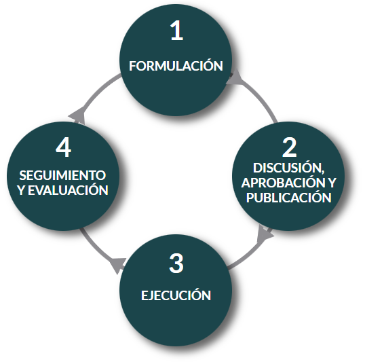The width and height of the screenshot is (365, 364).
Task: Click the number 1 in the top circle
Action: click(176, 31)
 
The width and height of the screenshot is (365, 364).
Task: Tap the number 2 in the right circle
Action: click(289, 147)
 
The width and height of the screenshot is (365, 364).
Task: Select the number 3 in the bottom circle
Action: click(176, 263)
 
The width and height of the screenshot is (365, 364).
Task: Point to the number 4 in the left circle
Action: click(63, 147)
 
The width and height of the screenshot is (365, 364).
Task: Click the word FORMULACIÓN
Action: click(176, 65)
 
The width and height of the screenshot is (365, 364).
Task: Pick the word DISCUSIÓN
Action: click(288, 168)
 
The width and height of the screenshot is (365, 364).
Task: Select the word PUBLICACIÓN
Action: click(289, 198)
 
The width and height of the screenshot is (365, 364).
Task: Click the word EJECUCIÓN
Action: click(176, 295)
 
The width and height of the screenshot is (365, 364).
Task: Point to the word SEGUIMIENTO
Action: click(62, 175)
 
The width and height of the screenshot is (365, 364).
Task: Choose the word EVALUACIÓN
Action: click(68, 190)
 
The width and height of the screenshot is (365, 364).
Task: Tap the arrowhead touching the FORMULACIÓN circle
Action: click(234, 78)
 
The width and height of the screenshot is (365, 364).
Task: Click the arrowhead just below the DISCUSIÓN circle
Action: click(265, 234)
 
